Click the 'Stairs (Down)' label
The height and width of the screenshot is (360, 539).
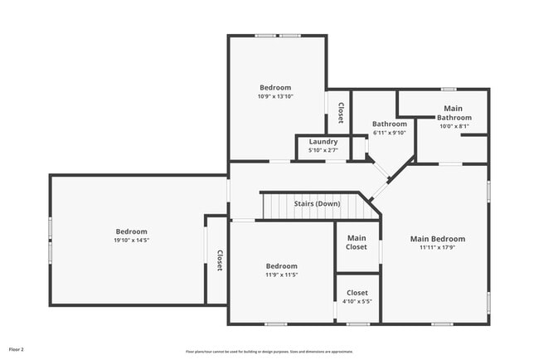click(x=317, y=203)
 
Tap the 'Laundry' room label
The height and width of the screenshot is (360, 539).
click(x=323, y=142)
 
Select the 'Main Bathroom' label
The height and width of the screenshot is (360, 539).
click(x=454, y=113)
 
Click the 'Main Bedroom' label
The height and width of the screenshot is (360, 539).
click(x=437, y=239)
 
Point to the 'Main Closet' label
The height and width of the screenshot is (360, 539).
click(x=357, y=242)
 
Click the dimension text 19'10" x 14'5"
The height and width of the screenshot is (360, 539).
click(x=131, y=241)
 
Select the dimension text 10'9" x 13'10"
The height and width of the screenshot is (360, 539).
click(x=275, y=96)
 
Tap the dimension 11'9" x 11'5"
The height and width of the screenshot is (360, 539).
click(x=281, y=275)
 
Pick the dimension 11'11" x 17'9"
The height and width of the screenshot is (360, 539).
click(x=437, y=247)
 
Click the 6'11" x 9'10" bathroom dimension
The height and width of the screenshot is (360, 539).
click(x=389, y=133)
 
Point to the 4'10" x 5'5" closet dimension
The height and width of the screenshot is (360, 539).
click(x=357, y=301)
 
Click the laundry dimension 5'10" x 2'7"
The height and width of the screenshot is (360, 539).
click(x=323, y=150)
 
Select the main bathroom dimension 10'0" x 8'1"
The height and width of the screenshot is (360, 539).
click(x=454, y=126)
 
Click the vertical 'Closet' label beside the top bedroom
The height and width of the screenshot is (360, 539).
click(x=340, y=112)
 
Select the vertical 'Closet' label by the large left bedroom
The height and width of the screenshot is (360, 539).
click(x=219, y=260)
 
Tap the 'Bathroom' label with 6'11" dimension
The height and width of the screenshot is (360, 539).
click(x=389, y=124)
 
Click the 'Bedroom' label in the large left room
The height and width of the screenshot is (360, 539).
click(x=131, y=231)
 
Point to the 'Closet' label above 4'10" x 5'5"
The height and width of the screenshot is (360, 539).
click(x=357, y=292)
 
